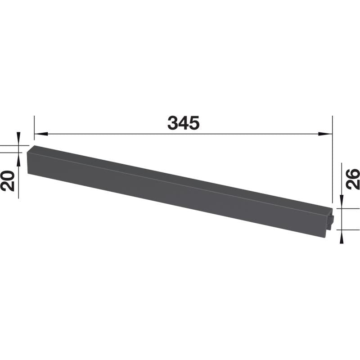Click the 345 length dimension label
tap(184, 123)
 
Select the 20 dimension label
tap(8, 181)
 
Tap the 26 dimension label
tap(352, 179)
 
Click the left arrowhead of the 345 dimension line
tap(41, 134)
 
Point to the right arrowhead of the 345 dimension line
tap(325, 134)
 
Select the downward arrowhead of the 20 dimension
tap(18, 139)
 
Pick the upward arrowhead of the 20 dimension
tap(18, 159)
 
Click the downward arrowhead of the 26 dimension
tap(342, 202)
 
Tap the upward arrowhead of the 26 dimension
tap(342, 236)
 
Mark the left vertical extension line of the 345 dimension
tap(35, 128)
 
